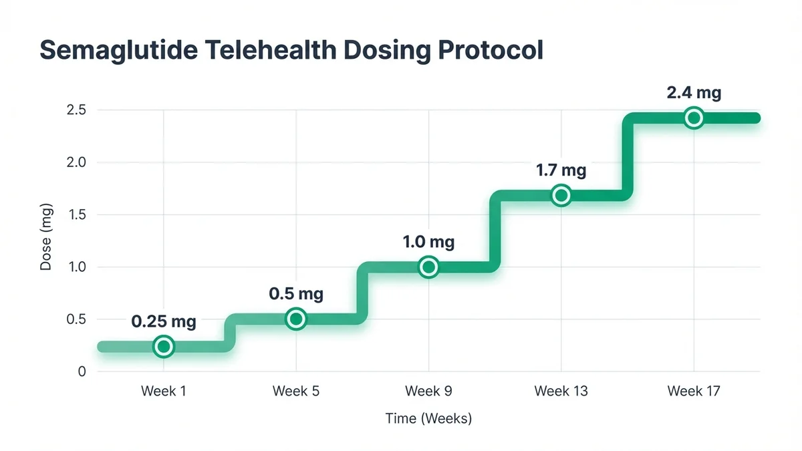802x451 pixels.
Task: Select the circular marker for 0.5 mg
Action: (295, 319)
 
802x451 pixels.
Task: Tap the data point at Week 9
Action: (428, 267)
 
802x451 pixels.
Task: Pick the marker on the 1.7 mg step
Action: (561, 195)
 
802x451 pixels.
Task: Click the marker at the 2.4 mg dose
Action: (694, 118)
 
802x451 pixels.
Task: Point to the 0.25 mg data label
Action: (164, 321)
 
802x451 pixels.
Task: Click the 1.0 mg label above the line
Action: (428, 242)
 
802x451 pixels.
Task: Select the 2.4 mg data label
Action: (694, 93)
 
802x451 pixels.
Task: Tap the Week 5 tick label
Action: (295, 391)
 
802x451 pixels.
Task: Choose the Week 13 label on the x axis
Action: (561, 391)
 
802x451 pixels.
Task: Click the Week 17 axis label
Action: (694, 391)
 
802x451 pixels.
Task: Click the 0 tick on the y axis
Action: (82, 371)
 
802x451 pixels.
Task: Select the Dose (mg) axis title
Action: (45, 241)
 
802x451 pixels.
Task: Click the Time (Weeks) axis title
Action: (428, 419)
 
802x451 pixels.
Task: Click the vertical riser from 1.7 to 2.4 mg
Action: (628, 157)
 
